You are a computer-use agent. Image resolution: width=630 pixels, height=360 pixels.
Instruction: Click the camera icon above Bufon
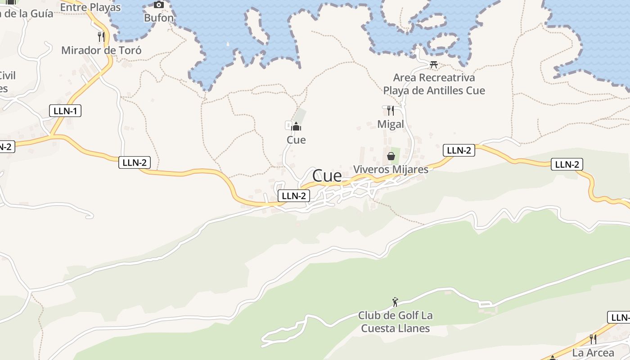158,5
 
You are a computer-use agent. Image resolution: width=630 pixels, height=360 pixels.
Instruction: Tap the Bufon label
158,18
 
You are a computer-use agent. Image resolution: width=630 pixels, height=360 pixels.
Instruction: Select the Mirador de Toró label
101,50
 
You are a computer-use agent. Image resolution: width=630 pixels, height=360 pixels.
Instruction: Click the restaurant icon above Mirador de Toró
101,36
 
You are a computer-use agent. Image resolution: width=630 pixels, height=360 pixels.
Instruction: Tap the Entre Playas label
90,7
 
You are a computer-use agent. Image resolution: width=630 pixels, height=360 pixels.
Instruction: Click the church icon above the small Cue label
296,126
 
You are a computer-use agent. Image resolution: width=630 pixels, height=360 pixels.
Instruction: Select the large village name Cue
327,175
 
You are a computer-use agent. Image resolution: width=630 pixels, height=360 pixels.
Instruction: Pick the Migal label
391,124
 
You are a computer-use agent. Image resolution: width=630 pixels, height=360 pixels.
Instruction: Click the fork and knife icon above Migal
391,110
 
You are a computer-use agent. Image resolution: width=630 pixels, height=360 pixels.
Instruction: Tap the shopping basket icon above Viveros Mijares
391,156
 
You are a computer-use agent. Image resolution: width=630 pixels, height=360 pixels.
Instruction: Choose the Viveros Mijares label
391,170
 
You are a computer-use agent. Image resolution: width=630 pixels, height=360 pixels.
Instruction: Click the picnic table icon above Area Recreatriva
434,64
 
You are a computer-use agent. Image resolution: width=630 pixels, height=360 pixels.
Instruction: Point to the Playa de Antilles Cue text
434,90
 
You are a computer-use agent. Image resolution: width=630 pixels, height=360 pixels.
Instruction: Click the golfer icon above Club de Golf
395,302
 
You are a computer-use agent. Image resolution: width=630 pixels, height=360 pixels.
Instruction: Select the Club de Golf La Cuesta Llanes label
395,322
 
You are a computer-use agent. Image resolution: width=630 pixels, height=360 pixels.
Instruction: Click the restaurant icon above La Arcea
593,339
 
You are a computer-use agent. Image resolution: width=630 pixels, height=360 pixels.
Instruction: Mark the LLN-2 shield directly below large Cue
294,196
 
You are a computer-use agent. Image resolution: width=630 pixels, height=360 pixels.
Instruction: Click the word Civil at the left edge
8,75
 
